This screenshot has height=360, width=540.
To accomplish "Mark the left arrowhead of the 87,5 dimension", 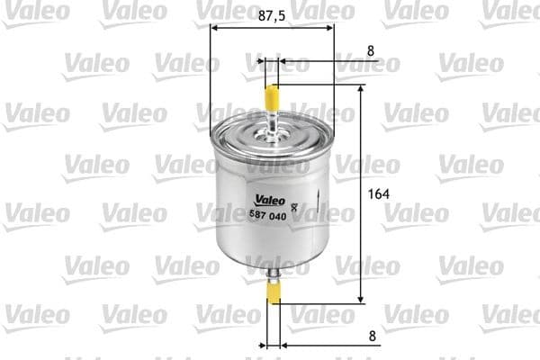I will [x=213, y=27].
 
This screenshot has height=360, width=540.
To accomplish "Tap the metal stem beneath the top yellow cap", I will [x=272, y=119].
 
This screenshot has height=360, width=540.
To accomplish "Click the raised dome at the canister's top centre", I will [x=272, y=135].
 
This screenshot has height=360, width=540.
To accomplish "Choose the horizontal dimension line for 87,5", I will [x=243, y=27].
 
